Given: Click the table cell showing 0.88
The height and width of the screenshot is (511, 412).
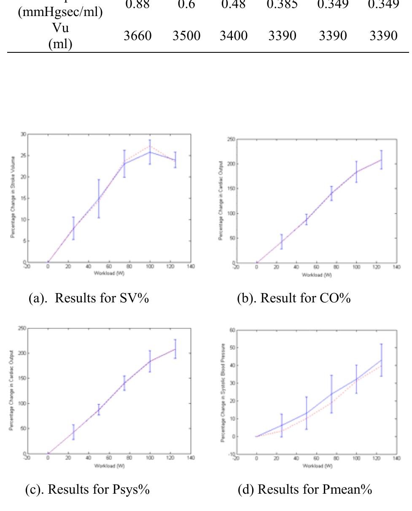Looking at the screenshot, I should pyautogui.click(x=137, y=5).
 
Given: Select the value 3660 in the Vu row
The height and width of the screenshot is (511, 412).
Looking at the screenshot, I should pyautogui.click(x=137, y=36).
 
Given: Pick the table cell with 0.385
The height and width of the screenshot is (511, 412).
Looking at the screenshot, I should pyautogui.click(x=283, y=5).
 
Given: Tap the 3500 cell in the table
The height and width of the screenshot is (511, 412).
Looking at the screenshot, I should pyautogui.click(x=186, y=36).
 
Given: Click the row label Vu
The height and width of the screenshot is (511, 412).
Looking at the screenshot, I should pyautogui.click(x=60, y=28).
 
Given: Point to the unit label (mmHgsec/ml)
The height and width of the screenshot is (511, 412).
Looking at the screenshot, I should pyautogui.click(x=60, y=12).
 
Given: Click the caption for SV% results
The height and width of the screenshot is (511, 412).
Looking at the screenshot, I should pyautogui.click(x=89, y=298).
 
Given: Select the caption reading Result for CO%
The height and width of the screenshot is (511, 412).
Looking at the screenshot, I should pyautogui.click(x=294, y=298).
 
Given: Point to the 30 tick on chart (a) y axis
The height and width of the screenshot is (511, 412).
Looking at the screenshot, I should pyautogui.click(x=23, y=134).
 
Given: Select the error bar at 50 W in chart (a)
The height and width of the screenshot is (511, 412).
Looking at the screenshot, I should pyautogui.click(x=99, y=198).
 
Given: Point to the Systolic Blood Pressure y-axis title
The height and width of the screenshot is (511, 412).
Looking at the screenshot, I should pyautogui.click(x=222, y=393).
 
